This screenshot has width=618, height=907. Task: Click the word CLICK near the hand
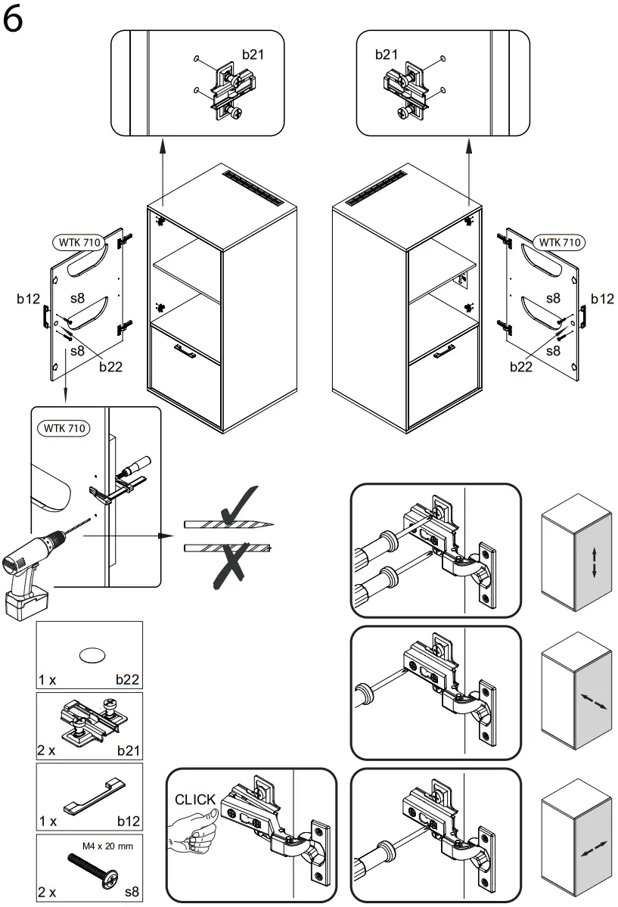[195, 800]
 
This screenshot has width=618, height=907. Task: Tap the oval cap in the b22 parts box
[90, 655]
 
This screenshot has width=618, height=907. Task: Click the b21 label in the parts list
[129, 751]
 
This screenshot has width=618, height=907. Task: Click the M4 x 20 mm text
[107, 846]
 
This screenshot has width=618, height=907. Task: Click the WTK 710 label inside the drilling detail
[64, 428]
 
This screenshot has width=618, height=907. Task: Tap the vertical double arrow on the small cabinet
[594, 563]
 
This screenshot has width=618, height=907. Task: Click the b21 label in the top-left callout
[253, 54]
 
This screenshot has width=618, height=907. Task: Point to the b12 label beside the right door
[602, 299]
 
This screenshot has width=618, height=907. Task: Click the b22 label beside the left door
[110, 367]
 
